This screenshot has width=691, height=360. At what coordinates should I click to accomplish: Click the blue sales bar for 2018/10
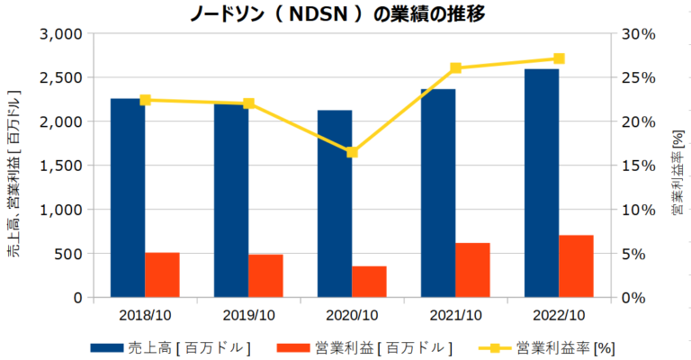click(128, 198)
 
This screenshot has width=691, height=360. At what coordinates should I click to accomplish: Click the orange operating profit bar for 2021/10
click(472, 270)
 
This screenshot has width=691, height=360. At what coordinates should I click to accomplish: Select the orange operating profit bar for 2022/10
click(576, 266)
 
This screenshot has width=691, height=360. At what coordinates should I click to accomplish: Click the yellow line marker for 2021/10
click(455, 68)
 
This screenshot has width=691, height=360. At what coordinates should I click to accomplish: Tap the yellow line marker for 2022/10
click(559, 58)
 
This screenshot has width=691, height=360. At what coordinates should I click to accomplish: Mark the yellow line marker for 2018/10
click(145, 100)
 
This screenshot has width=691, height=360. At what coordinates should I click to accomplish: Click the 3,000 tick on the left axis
click(61, 34)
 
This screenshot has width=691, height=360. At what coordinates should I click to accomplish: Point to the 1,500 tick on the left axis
click(61, 166)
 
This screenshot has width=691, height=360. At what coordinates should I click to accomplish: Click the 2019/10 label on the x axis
click(248, 315)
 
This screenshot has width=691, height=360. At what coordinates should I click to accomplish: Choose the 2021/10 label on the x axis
click(455, 315)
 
